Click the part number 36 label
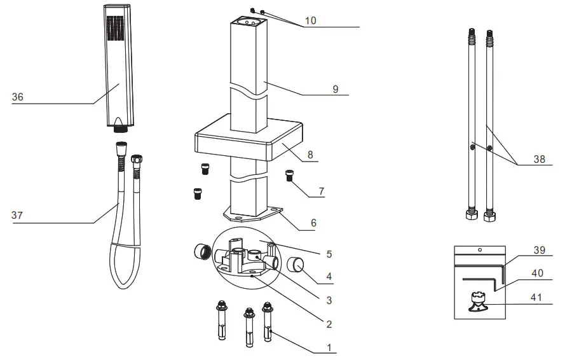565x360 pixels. pos(18,97)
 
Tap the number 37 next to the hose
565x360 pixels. pos(17,216)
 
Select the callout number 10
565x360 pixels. pos(310,20)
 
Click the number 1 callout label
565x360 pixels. pos(329,347)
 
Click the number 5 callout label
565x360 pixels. pos(329,254)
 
